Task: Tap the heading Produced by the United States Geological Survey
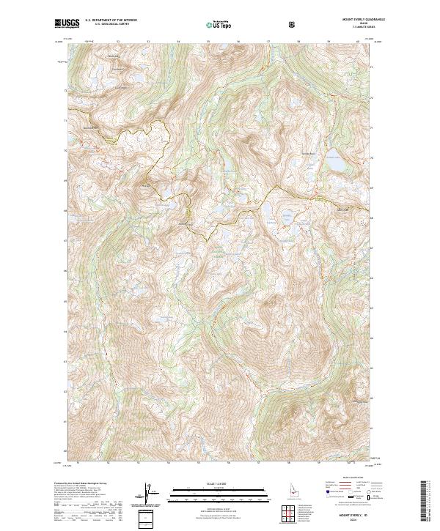click(81, 485)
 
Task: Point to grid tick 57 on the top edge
click(269, 42)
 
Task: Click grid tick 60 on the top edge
click(357, 42)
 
